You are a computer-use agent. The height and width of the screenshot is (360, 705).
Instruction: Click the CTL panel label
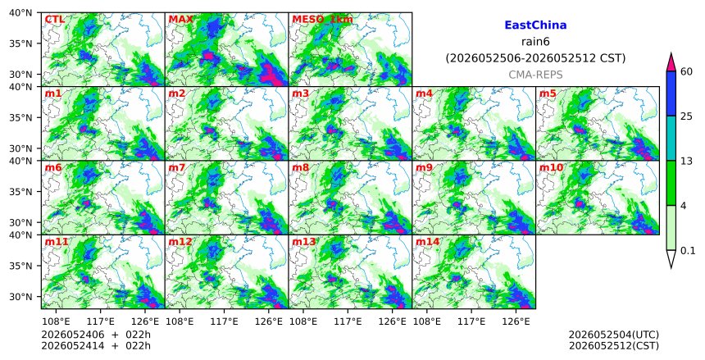tap(54, 20)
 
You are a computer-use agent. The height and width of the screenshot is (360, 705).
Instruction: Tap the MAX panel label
tap(180, 20)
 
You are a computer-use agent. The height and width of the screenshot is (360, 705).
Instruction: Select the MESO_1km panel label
tap(322, 20)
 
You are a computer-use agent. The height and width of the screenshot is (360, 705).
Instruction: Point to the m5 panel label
tap(548, 93)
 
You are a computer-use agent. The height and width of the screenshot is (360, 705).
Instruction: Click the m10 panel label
tap(551, 168)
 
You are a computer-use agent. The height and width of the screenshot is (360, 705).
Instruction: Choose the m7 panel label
tap(177, 168)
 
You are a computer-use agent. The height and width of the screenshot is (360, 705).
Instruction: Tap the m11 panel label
tap(57, 242)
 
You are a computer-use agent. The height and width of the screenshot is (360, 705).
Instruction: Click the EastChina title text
tap(535, 25)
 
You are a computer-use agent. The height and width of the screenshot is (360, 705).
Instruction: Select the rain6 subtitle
tap(535, 42)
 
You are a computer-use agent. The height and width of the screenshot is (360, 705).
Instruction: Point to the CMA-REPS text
tap(535, 75)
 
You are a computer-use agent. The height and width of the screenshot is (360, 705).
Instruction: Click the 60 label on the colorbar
tap(686, 71)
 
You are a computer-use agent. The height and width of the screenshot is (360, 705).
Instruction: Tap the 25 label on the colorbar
tap(686, 116)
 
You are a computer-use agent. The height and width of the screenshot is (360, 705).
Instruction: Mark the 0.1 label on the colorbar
tap(688, 251)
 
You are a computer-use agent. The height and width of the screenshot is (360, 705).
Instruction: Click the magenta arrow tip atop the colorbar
tap(671, 53)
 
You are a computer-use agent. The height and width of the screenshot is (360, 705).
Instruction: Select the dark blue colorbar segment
tap(671, 93)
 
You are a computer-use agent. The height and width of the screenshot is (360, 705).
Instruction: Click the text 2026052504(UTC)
tap(614, 335)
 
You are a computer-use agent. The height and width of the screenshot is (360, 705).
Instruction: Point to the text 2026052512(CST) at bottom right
tap(614, 345)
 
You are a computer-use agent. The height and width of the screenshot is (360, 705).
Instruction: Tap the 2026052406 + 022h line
tap(96, 335)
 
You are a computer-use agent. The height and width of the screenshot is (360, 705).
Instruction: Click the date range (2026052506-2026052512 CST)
tap(535, 58)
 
